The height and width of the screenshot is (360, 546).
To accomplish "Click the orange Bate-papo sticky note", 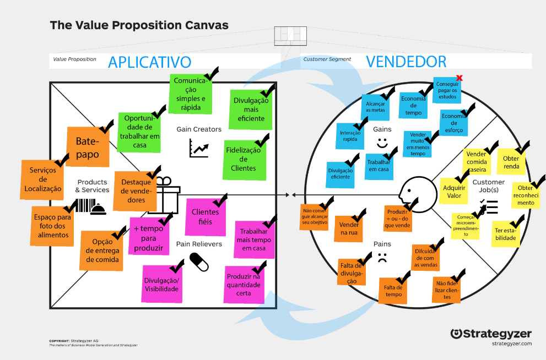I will pyautogui.click(x=87, y=146).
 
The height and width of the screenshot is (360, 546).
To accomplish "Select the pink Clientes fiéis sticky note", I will pyautogui.click(x=205, y=216).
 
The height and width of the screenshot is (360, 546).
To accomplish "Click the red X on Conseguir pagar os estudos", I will pyautogui.click(x=459, y=78).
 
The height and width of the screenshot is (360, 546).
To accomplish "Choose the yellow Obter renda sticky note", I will pyautogui.click(x=511, y=162).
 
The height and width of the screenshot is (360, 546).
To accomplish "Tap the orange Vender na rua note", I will pyautogui.click(x=349, y=228).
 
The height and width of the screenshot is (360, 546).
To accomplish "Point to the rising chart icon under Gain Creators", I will pyautogui.click(x=199, y=148).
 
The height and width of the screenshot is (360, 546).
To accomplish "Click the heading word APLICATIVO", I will pyautogui.click(x=149, y=62).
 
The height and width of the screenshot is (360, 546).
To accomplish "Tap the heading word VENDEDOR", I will pyautogui.click(x=406, y=62).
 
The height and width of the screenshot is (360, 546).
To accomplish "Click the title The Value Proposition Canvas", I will pyautogui.click(x=139, y=25).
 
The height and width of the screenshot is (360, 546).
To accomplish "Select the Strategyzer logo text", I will pyautogui.click(x=491, y=334).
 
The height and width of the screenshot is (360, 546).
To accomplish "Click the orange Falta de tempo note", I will pyautogui.click(x=393, y=291).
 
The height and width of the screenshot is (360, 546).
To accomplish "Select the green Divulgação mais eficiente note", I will pyautogui.click(x=250, y=110).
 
